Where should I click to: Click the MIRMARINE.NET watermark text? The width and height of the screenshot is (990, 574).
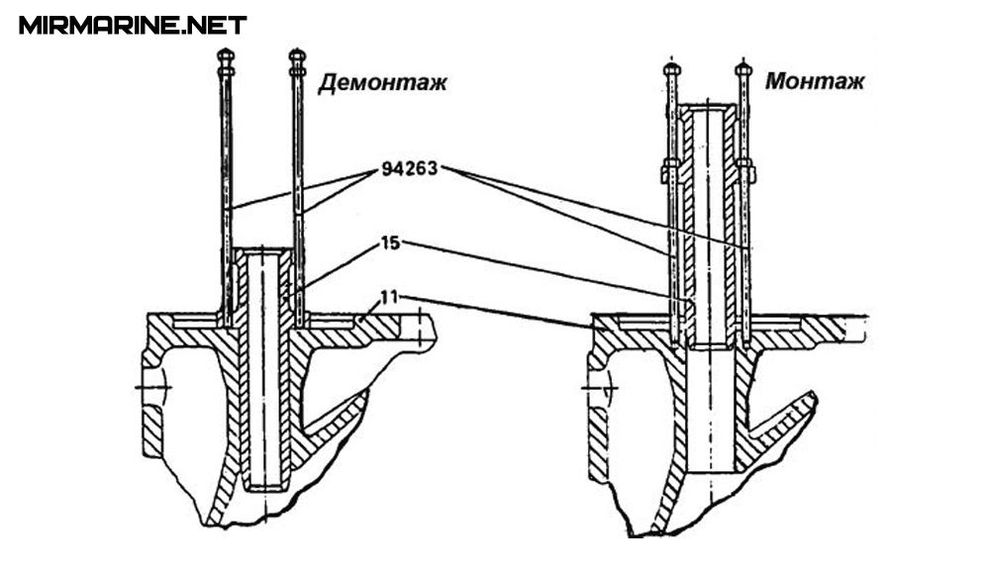(x=133, y=25)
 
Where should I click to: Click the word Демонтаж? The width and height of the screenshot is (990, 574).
(x=382, y=82)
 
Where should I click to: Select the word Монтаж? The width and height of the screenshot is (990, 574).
(x=814, y=81)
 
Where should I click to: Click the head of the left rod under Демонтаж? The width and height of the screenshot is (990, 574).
(x=226, y=57)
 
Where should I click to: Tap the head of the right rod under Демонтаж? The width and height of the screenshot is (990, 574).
(x=296, y=57)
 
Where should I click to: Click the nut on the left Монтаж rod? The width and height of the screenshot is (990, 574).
(x=670, y=170)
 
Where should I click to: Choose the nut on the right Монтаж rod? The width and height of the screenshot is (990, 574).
(x=745, y=170)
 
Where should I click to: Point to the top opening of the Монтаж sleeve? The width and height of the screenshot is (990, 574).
(x=707, y=107)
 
